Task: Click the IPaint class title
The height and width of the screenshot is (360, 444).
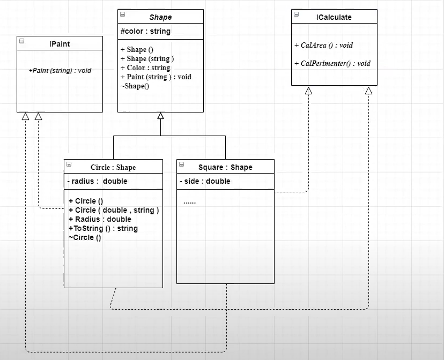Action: point(60,44)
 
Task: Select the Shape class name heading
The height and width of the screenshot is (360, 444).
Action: point(160,17)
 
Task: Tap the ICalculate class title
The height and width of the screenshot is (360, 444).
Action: point(334,17)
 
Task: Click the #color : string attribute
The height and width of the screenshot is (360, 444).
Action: point(146,31)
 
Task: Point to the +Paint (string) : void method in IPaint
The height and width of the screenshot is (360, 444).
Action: point(60,70)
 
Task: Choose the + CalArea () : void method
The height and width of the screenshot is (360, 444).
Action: point(324,45)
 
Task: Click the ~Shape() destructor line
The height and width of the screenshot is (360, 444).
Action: point(135,86)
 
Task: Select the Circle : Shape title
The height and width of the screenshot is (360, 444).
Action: point(113,167)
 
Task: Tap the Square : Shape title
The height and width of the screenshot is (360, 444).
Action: point(225,167)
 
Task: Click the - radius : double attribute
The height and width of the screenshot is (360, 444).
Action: point(98,181)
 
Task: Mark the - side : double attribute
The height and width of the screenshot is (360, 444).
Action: point(205,181)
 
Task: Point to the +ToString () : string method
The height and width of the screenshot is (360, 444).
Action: point(103,228)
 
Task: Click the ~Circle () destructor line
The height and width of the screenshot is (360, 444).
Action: point(85,237)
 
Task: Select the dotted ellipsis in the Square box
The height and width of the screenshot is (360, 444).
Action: point(189,202)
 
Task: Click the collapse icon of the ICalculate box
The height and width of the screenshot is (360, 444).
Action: point(296,14)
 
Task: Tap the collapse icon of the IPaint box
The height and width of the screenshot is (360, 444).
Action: point(22,41)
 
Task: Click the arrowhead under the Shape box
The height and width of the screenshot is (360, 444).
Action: point(160,116)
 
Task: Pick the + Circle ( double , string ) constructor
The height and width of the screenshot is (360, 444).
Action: point(114,210)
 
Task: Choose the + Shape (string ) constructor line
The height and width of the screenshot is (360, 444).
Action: point(147,58)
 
